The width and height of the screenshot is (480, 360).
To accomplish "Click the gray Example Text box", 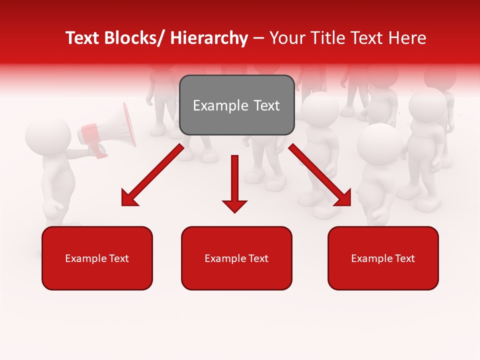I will click(236, 105).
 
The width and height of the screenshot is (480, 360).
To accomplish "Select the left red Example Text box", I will click(97, 258).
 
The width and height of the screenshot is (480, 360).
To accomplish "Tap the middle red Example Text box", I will click(236, 258).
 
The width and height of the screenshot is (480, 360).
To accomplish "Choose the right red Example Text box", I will click(383, 258).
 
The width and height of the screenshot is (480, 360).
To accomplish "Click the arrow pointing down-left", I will click(152, 175).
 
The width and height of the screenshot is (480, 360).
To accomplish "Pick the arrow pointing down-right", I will click(320, 175).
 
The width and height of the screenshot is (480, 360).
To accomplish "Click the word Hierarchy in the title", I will click(209, 38).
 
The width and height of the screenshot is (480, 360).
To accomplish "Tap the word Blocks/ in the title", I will click(135, 38).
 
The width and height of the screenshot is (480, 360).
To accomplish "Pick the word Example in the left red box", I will click(85, 258).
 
